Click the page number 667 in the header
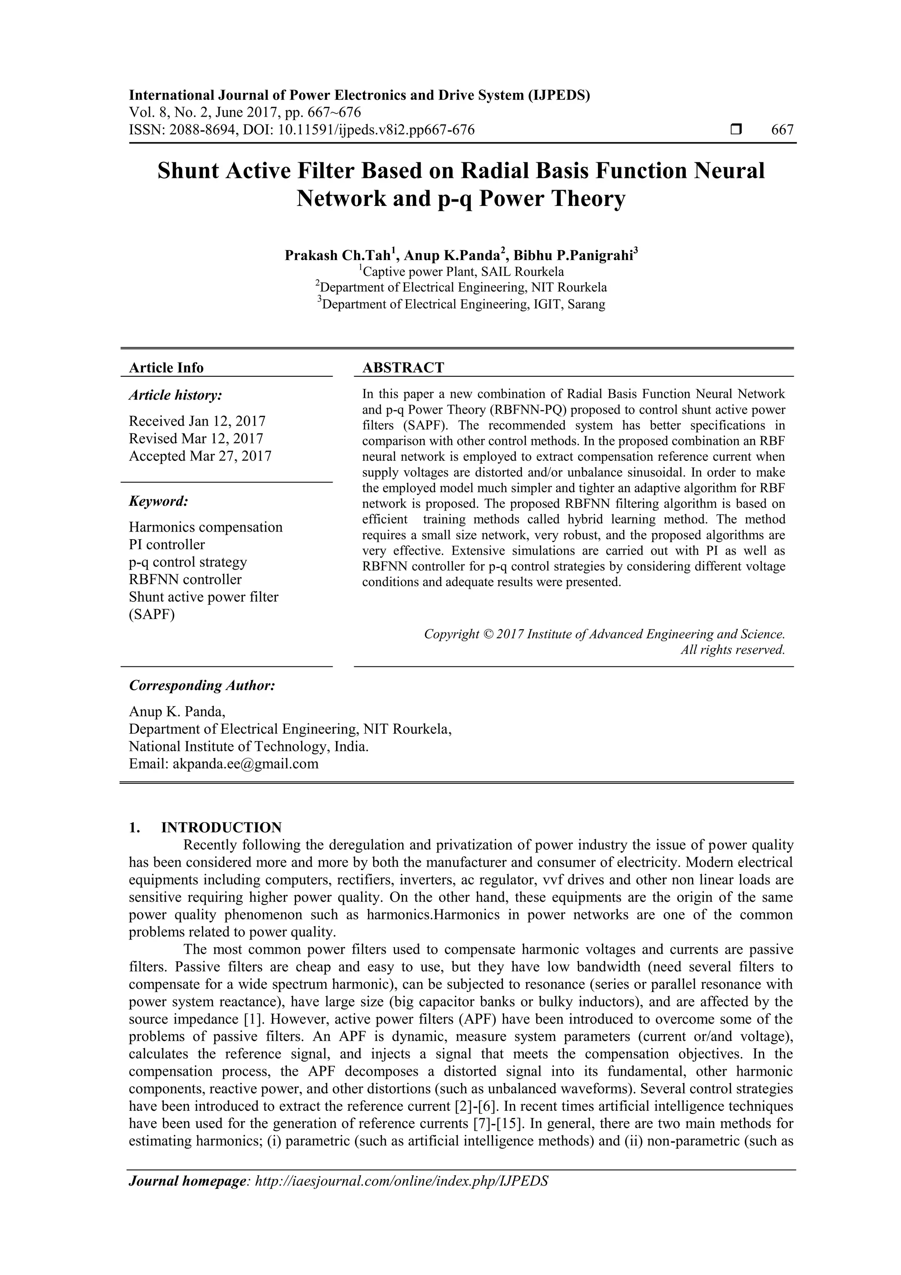[x=782, y=130]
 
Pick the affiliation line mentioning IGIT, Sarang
[x=461, y=304]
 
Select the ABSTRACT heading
[x=403, y=367]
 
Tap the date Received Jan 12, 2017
[x=197, y=421]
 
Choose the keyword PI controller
[x=167, y=544]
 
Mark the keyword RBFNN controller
[x=185, y=579]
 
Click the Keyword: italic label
[x=159, y=501]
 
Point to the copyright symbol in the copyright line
[x=487, y=634]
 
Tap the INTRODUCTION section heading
[x=221, y=827]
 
